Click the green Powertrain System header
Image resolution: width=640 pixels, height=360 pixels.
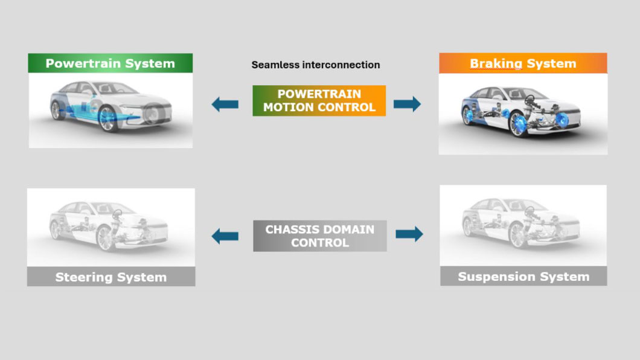coord(110,63)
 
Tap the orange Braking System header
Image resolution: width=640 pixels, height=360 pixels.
coord(523,63)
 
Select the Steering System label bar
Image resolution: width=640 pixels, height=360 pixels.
coord(111,277)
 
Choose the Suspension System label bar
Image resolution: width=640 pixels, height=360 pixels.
coord(523,276)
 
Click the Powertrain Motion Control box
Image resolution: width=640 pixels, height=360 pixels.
coord(319,100)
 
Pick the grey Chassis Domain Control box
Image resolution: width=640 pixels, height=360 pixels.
coord(320,236)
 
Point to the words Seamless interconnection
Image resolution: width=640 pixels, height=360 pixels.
coord(316,65)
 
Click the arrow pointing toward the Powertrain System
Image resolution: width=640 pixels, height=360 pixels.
coord(225,104)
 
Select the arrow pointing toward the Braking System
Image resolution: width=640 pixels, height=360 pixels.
coord(407,104)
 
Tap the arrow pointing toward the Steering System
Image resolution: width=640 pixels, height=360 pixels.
coord(225,236)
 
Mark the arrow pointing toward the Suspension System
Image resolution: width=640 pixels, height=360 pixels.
coord(409,234)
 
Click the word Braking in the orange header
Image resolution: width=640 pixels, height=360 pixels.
coord(496,63)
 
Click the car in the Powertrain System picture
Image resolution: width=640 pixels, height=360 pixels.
coord(110,106)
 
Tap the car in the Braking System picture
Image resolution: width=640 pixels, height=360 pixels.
coord(521,111)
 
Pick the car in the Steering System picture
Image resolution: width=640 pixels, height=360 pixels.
coord(109,226)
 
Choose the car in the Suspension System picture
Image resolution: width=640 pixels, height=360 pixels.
coord(521,223)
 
